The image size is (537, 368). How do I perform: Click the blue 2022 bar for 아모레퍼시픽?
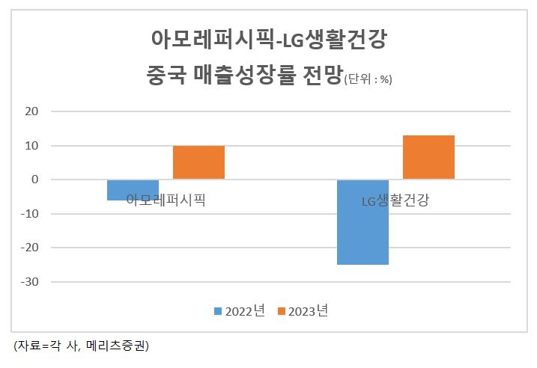coord(133,190)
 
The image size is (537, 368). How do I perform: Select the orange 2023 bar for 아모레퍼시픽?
coord(198,162)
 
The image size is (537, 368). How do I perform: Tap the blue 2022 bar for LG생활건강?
coord(362,222)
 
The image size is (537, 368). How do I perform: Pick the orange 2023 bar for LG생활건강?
coord(428,157)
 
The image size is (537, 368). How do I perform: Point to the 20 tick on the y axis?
coord(31,111)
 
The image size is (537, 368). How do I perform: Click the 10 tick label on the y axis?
coord(31,146)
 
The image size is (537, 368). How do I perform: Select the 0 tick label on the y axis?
coord(35,180)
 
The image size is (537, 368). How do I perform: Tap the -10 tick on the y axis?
coord(30,214)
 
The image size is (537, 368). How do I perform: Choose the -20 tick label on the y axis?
coord(30,248)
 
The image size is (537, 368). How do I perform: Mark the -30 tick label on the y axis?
coord(30,282)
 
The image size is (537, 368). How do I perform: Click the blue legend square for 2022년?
coord(218,311)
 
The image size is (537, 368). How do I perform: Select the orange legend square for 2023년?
coord(281,311)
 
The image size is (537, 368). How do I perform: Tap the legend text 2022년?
coord(245,311)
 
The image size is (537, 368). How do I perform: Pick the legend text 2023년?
coord(309,311)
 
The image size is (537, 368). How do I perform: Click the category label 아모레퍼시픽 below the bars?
coord(166,200)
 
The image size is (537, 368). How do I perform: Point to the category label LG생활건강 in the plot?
coord(395,200)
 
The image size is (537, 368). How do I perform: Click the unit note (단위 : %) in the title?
coord(368,79)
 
